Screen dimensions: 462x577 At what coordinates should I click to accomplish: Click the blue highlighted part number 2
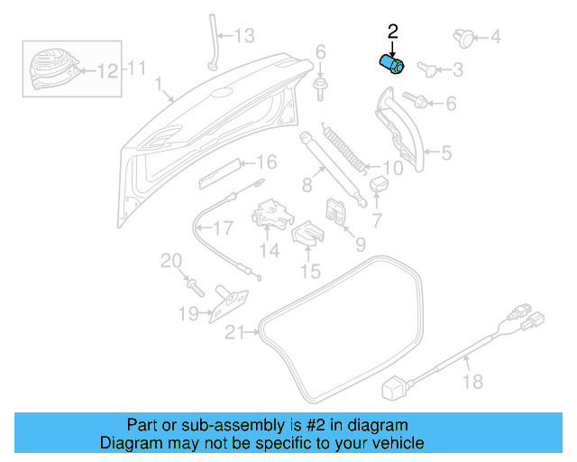(x=391, y=65)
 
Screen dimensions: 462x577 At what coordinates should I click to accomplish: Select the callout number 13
(x=245, y=36)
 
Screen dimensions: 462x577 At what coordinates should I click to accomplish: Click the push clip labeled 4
(x=463, y=36)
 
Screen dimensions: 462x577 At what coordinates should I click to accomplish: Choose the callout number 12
(x=107, y=70)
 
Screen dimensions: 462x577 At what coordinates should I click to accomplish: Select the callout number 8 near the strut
(x=307, y=185)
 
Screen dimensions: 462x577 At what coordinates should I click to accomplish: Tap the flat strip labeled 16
(x=221, y=171)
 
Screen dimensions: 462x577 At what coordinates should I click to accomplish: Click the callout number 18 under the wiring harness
(x=472, y=383)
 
